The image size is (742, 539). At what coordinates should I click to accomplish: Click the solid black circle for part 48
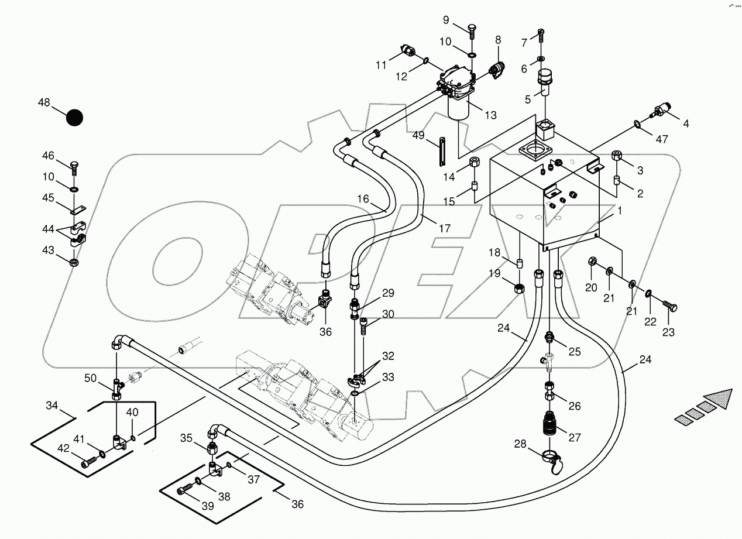coord(74,118)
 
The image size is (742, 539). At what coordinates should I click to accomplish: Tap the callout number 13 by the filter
coord(490,115)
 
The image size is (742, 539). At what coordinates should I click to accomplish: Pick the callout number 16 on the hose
coord(363,200)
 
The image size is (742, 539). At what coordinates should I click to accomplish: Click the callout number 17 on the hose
coord(445,228)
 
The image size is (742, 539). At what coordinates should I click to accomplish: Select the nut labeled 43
coord(75,261)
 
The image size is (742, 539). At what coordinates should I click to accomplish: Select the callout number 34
coord(53,405)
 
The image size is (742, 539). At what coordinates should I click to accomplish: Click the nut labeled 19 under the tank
coord(518,288)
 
